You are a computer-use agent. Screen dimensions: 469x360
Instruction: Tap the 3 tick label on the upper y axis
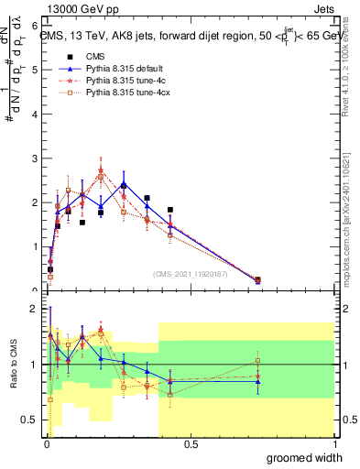[x=35, y=158]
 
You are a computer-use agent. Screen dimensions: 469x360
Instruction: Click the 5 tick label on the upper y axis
[x=35, y=70]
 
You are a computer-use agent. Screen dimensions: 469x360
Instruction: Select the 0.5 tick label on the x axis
[x=190, y=445]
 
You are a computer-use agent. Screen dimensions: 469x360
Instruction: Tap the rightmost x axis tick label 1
[x=333, y=445]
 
